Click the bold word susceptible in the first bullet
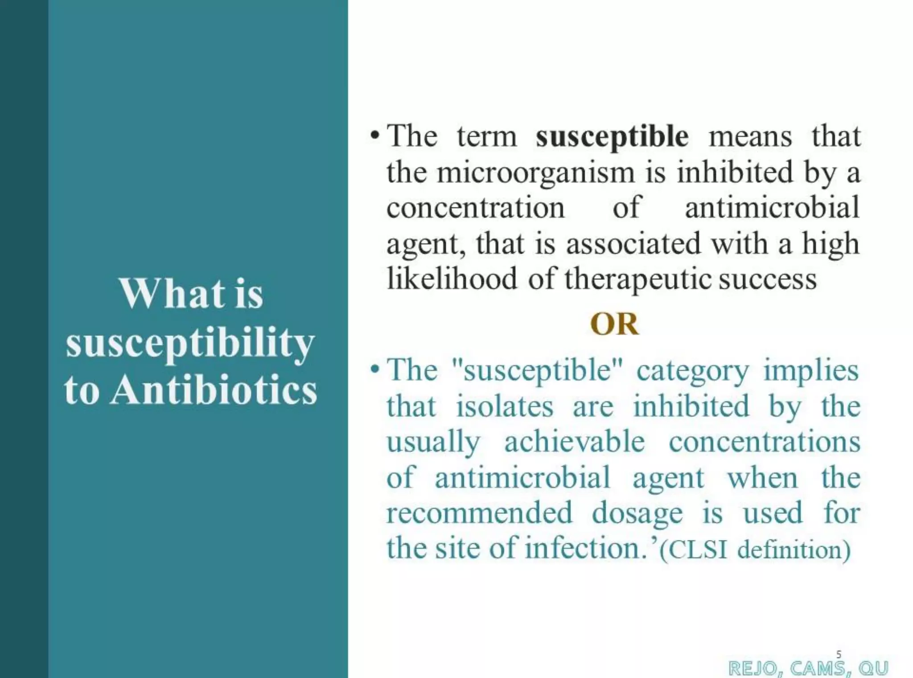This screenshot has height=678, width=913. coord(612,137)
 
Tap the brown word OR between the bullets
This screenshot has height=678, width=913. coord(614,324)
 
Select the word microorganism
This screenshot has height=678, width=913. coord(535,173)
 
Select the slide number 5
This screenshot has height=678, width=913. coord(839,654)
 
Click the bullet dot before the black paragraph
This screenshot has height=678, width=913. coord(374,135)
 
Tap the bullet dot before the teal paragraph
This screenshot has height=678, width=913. coord(374,369)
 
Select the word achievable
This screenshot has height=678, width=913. coord(574,442)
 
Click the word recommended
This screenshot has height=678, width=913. coord(479,513)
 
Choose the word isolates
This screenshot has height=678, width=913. coord(504,406)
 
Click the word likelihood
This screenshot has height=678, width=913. coord(452,279)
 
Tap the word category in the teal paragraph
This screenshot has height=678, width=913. coord(692,371)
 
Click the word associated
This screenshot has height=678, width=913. coord(633,244)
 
